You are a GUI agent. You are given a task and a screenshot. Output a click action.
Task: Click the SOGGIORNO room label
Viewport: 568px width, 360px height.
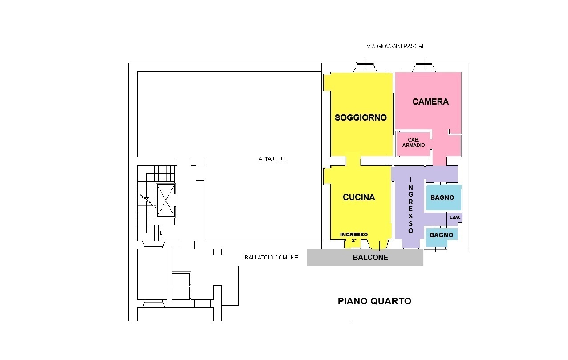pyautogui.click(x=361, y=117)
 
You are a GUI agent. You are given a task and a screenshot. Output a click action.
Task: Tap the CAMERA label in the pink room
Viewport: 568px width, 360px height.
pyautogui.click(x=430, y=101)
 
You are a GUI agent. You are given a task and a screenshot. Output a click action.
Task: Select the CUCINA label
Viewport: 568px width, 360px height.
pyautogui.click(x=359, y=197)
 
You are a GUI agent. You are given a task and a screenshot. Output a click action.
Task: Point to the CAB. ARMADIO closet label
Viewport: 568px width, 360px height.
pyautogui.click(x=414, y=142)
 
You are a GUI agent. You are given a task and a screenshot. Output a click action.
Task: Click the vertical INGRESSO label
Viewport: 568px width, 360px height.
pyautogui.click(x=410, y=205)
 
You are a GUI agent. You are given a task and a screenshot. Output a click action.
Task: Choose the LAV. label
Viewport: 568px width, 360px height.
pyautogui.click(x=454, y=218)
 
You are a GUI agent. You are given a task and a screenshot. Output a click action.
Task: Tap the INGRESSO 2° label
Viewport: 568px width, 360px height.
pyautogui.click(x=354, y=237)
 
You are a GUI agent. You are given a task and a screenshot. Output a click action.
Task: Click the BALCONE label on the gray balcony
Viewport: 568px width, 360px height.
pyautogui.click(x=370, y=257)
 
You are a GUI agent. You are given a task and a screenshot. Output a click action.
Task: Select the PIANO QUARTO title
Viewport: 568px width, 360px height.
pyautogui.click(x=374, y=301)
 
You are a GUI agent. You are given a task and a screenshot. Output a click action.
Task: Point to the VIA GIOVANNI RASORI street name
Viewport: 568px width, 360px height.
pyautogui.click(x=395, y=46)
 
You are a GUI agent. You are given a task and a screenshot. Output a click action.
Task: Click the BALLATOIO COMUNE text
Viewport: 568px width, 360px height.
pyautogui.click(x=272, y=258)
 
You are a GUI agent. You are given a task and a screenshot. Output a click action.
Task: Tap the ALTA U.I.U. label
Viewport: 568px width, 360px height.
pyautogui.click(x=272, y=159)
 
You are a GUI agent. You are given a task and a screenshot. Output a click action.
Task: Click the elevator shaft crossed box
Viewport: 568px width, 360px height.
pyautogui.click(x=166, y=200)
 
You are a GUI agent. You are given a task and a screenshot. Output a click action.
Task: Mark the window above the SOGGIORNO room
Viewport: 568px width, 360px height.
pyautogui.click(x=365, y=67)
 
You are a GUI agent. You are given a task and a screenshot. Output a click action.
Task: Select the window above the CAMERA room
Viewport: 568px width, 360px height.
pyautogui.click(x=424, y=67)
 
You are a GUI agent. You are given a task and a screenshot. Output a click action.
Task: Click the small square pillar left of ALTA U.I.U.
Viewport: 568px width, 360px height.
pyautogui.click(x=198, y=161)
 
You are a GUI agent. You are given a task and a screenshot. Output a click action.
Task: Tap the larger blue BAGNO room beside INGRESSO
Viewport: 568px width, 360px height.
pyautogui.click(x=443, y=197)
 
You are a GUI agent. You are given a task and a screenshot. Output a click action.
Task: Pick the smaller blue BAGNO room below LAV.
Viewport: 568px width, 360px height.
pyautogui.click(x=442, y=237)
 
